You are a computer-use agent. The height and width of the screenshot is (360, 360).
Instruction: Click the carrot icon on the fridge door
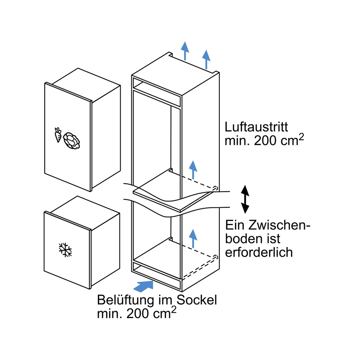[58, 135]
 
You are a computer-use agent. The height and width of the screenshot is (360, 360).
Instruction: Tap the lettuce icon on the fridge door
[72, 141]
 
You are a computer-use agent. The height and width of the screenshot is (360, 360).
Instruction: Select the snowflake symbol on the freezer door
[65, 250]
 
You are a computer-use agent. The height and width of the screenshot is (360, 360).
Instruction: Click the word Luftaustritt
[256, 127]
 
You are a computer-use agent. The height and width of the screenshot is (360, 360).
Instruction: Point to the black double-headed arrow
[245, 199]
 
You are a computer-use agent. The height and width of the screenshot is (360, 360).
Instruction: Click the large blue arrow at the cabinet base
[143, 286]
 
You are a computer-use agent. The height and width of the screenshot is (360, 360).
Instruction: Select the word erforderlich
[259, 252]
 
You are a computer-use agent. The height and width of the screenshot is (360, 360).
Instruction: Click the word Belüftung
[125, 300]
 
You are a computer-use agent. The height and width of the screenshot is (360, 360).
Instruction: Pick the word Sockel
[197, 300]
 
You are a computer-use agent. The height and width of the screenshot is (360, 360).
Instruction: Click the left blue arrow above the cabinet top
[185, 51]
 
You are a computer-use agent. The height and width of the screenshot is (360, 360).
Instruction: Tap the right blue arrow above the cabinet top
[206, 59]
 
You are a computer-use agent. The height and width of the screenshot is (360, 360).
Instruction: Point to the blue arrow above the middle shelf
[193, 170]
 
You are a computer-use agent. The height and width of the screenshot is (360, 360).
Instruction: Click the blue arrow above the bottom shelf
[193, 238]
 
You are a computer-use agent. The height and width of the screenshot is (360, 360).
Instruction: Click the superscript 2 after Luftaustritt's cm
[301, 137]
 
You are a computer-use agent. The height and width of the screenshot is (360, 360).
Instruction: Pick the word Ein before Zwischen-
[235, 225]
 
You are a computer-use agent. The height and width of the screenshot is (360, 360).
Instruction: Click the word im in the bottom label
[165, 300]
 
